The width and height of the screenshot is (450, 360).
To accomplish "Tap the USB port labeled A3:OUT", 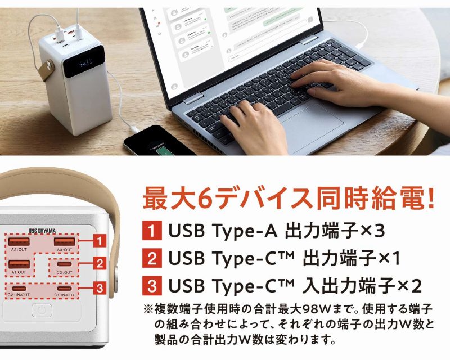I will (x=62, y=242).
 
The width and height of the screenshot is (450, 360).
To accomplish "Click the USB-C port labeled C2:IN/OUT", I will (x=18, y=289).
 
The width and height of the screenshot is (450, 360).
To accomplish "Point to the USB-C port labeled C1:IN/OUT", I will (x=64, y=289).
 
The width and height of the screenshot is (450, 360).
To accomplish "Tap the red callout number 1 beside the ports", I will (x=98, y=241).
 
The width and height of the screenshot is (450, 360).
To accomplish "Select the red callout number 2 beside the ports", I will (x=98, y=263).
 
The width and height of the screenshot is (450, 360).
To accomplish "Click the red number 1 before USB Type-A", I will (x=151, y=231).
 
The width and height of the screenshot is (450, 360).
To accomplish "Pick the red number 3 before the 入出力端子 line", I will (x=151, y=285).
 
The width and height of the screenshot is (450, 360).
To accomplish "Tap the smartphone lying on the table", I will (x=159, y=141).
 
